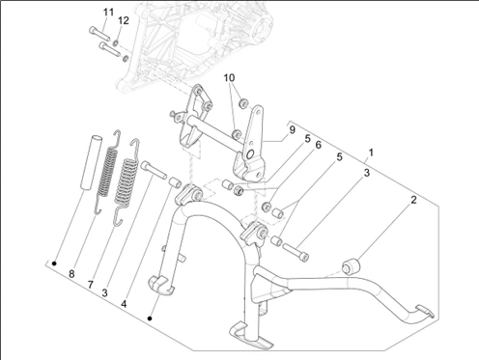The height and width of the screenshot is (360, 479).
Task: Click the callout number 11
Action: [108, 13]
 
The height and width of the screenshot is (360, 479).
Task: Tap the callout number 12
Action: [124, 20]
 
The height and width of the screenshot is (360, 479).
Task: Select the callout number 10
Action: [229, 78]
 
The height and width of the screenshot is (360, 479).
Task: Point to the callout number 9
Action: [292, 130]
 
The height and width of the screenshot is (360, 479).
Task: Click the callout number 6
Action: [318, 145]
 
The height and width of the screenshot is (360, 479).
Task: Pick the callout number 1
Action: [371, 152]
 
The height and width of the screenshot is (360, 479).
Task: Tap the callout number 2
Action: [413, 200]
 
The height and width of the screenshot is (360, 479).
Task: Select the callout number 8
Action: [71, 274]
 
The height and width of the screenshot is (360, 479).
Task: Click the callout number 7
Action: [91, 285]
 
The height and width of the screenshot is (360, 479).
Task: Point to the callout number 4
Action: [124, 304]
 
